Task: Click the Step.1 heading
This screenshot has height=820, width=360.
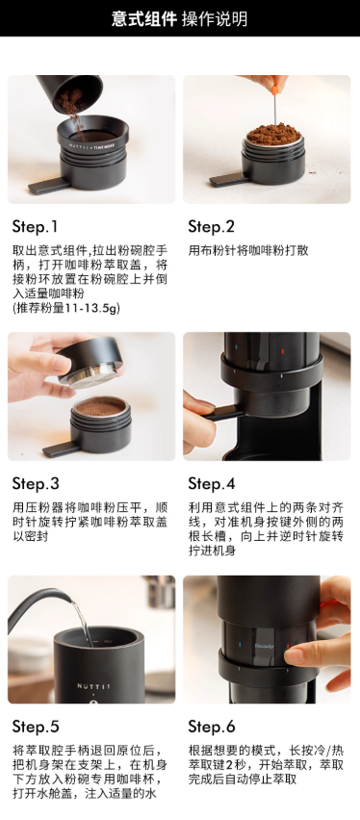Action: click(35, 227)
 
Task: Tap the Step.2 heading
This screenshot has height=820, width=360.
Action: click(212, 227)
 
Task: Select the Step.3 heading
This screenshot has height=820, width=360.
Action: click(36, 484)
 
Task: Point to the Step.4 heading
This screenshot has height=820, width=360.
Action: click(212, 484)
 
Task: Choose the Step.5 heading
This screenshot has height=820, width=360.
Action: click(36, 727)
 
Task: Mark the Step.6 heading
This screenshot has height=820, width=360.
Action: click(212, 727)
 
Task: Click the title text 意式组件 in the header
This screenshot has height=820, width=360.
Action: click(143, 18)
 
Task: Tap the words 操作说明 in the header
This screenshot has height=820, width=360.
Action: click(215, 18)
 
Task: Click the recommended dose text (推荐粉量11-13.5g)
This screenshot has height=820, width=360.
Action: click(65, 308)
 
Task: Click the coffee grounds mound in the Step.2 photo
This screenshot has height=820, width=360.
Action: click(273, 134)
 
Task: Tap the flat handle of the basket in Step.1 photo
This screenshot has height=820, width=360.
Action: click(47, 186)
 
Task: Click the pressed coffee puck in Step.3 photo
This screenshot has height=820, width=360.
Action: click(101, 406)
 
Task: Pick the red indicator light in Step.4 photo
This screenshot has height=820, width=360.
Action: click(283, 352)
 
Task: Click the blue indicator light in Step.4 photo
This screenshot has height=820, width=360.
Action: click(236, 346)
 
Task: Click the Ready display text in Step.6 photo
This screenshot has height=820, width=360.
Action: click(264, 646)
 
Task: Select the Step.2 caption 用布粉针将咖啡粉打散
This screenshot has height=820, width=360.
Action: click(248, 250)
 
